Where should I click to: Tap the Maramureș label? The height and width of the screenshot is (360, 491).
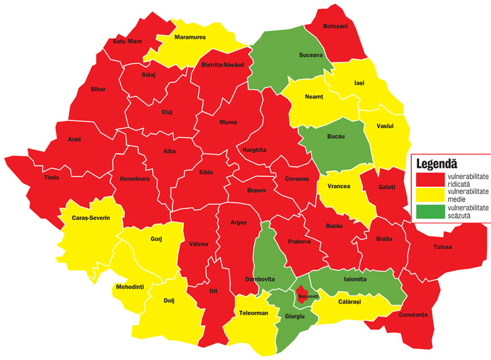(190, 37)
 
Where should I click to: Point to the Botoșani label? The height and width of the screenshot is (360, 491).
(335, 26)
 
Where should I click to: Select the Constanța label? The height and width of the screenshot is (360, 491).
(412, 315)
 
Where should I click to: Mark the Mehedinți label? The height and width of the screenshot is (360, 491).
(130, 287)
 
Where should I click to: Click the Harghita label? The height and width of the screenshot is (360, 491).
(254, 150)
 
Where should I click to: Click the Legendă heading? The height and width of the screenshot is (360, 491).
(440, 163)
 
